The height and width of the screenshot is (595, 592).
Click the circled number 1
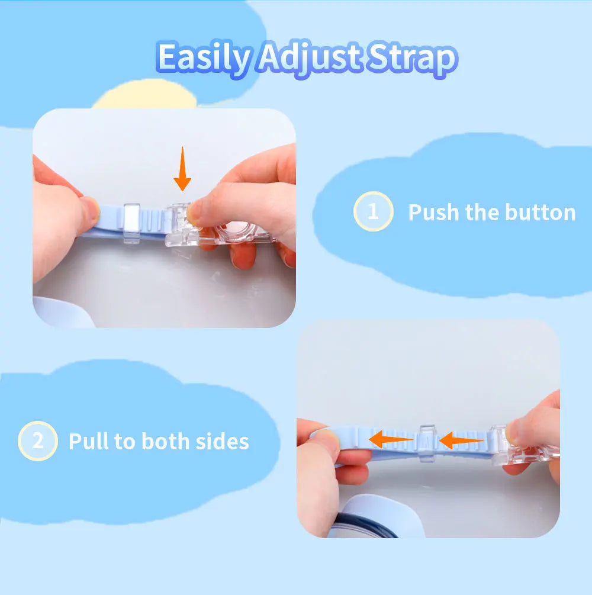click(x=373, y=211)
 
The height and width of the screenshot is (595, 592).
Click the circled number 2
click(x=37, y=441)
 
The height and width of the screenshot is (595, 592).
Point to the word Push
click(x=433, y=212)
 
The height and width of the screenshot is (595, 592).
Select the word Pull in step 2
click(x=89, y=441)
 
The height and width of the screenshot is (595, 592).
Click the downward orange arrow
click(x=182, y=169)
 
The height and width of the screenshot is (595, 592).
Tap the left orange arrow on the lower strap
click(x=391, y=439)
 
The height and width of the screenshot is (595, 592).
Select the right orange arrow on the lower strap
click(x=461, y=440)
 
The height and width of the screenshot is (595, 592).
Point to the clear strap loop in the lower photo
click(x=427, y=443)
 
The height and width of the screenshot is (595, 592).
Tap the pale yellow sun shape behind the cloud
click(x=146, y=94)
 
